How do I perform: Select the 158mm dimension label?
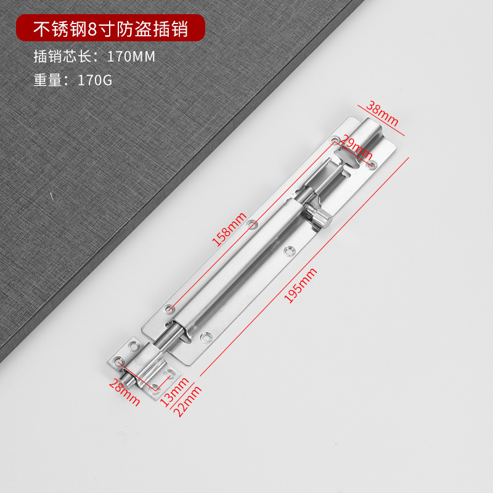pyautogui.click(x=229, y=229)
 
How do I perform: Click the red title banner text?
pyautogui.click(x=110, y=29)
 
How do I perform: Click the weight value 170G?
pyautogui.click(x=95, y=79)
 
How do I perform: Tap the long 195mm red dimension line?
pyautogui.click(x=305, y=265)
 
